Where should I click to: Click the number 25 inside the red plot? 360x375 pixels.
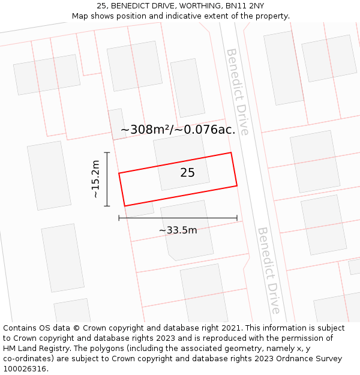pyautogui.click(x=187, y=173)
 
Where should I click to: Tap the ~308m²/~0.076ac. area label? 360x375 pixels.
pyautogui.click(x=178, y=130)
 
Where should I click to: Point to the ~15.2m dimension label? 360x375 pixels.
pyautogui.click(x=95, y=179)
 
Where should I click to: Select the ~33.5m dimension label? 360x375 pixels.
pyautogui.click(x=178, y=230)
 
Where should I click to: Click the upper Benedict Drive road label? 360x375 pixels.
pyautogui.click(x=237, y=91)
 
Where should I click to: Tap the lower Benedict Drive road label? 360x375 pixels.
pyautogui.click(x=268, y=270)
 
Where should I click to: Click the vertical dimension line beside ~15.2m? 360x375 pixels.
pyautogui.click(x=107, y=179)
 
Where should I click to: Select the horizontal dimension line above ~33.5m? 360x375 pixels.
pyautogui.click(x=178, y=218)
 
